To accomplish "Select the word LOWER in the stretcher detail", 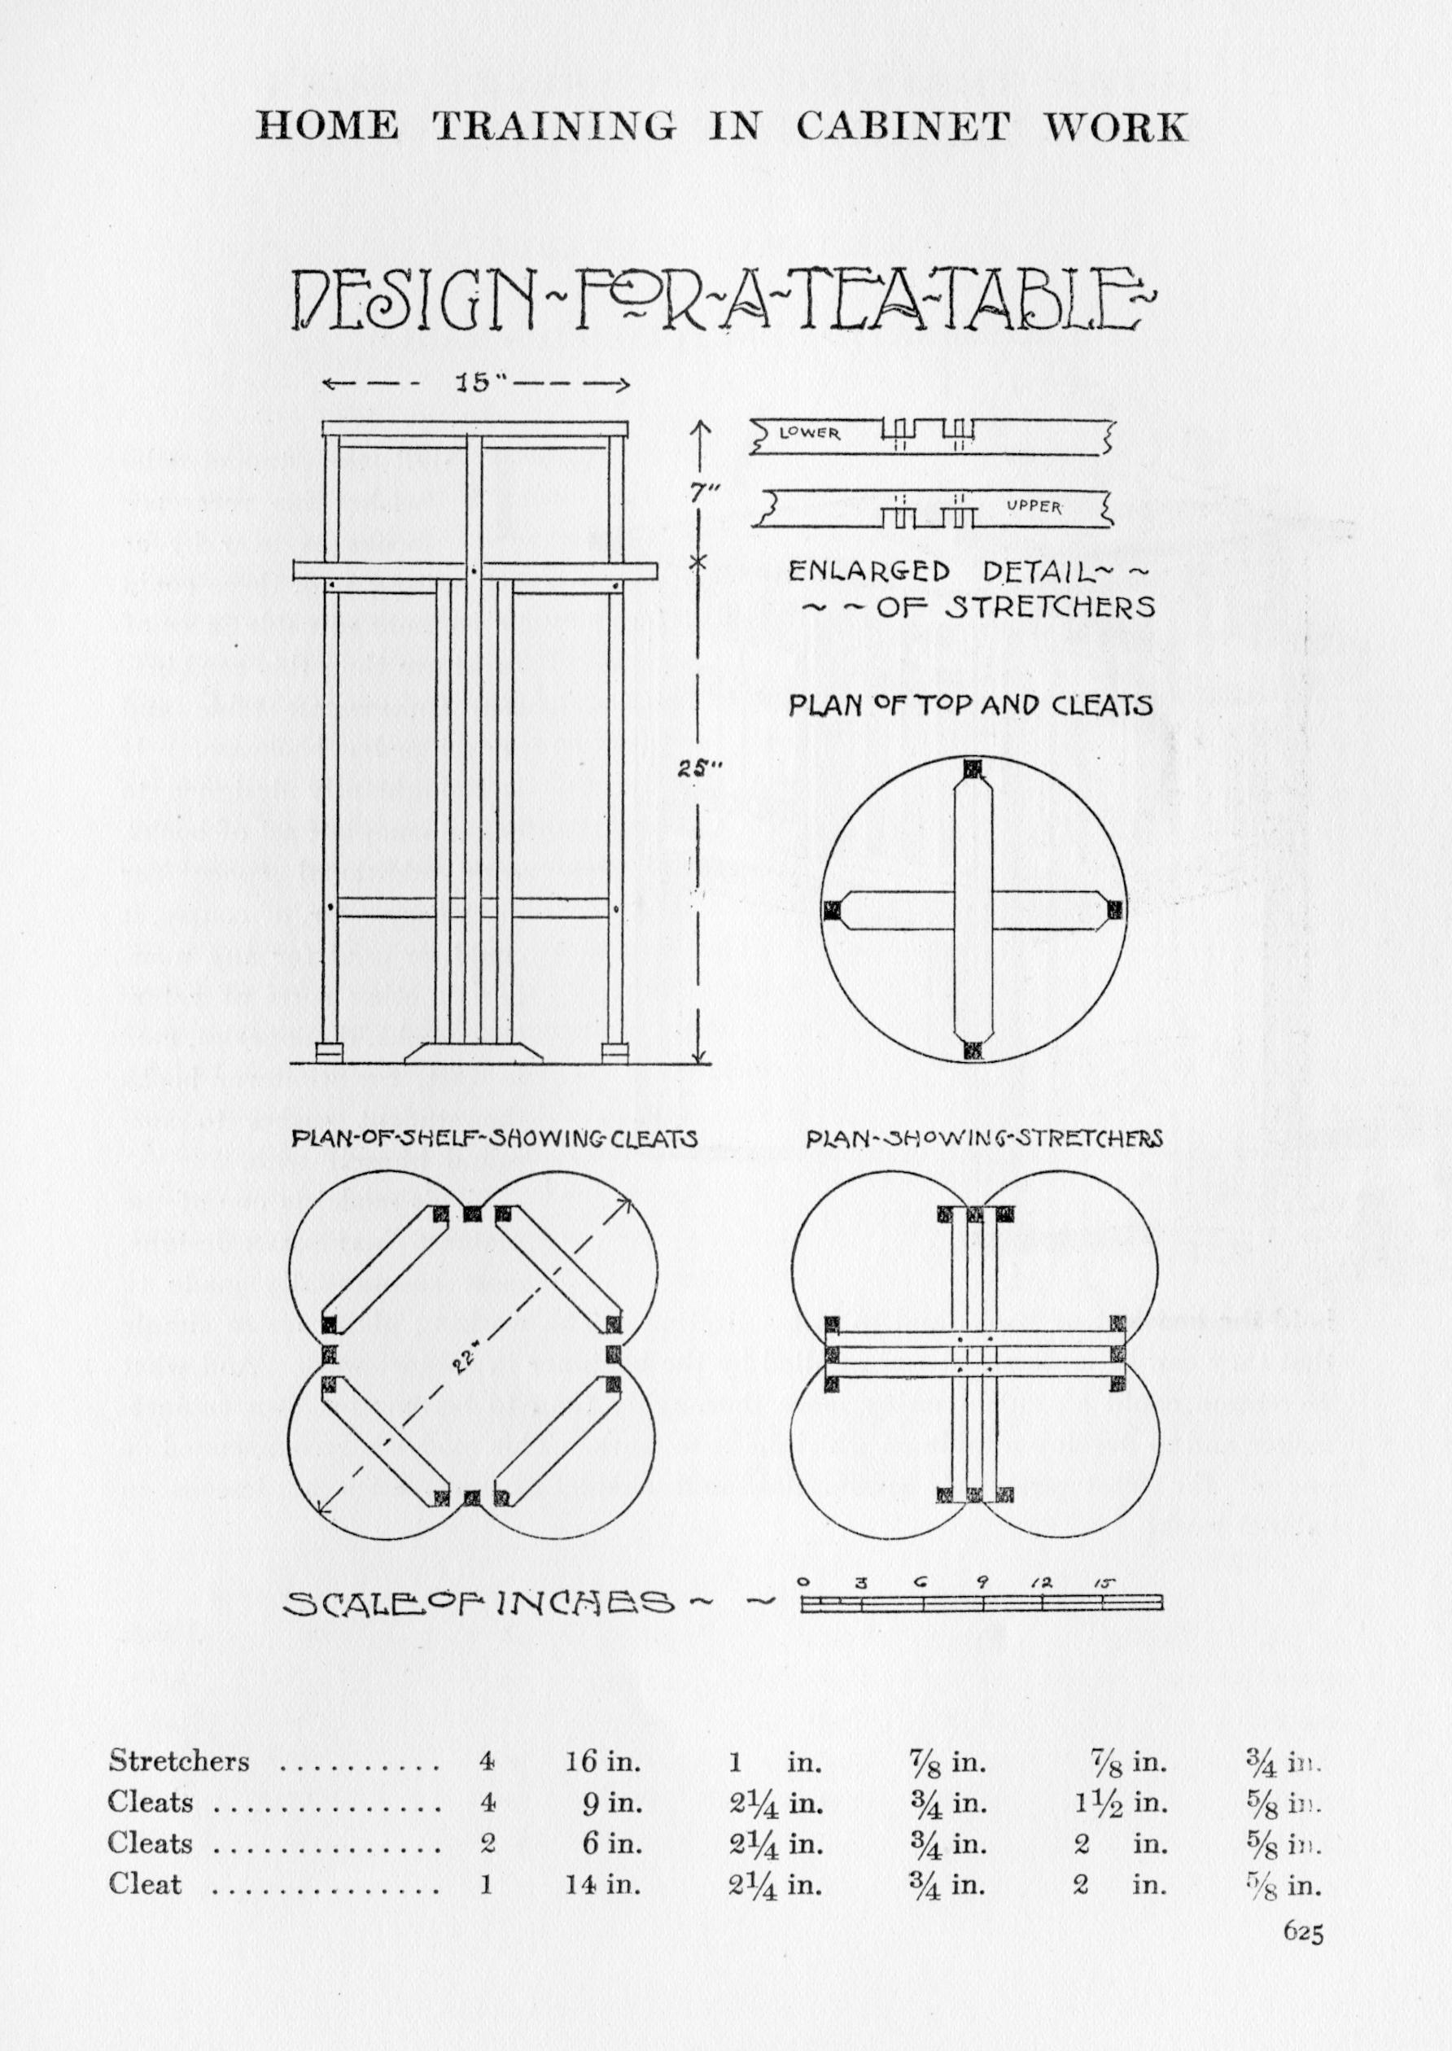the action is click(810, 434).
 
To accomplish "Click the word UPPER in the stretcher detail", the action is click(1034, 507).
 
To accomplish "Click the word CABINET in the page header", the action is click(903, 127).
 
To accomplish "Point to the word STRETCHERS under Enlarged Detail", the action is click(1051, 608).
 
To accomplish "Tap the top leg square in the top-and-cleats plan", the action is click(973, 768).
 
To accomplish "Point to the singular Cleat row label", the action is click(145, 1884).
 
